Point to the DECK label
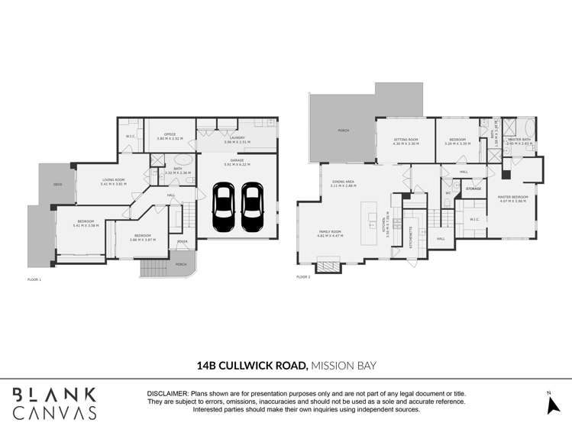pyautogui.click(x=57, y=185)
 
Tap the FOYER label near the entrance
pyautogui.click(x=182, y=242)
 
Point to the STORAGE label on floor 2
pyautogui.click(x=473, y=189)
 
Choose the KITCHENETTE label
pyautogui.click(x=412, y=237)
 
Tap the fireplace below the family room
pyautogui.click(x=328, y=266)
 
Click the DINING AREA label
pyautogui.click(x=344, y=184)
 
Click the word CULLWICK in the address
pyautogui.click(x=263, y=366)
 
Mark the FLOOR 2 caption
pyautogui.click(x=303, y=277)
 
